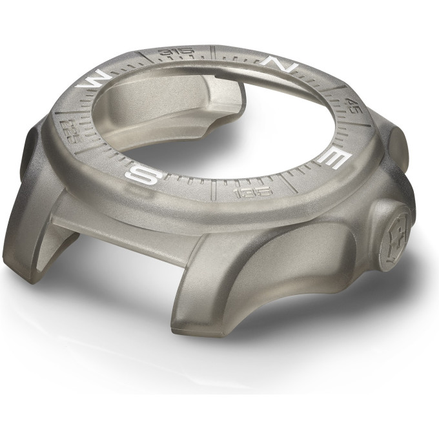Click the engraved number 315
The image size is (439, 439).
point(176,51)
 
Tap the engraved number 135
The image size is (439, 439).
point(254,192)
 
